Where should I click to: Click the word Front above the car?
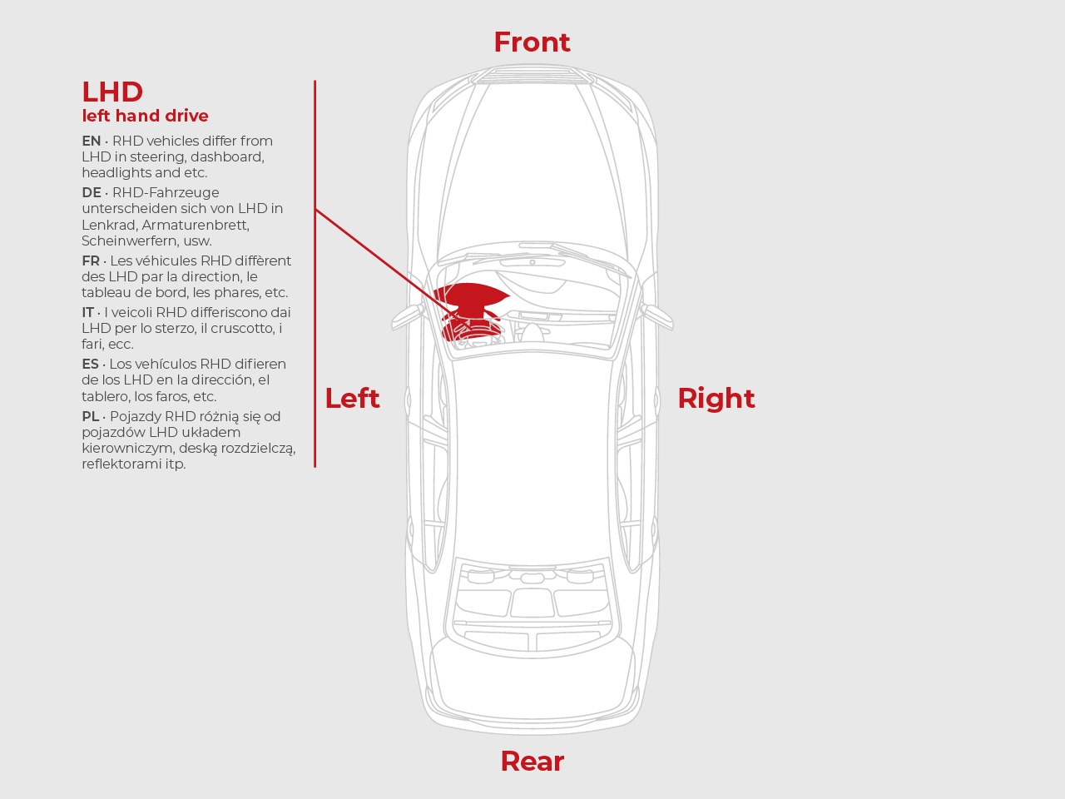(532, 42)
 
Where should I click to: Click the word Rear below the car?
(532, 762)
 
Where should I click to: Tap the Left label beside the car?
(352, 399)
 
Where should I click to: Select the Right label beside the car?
(716, 399)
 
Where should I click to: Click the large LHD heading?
(112, 92)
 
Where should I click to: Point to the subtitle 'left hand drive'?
(145, 116)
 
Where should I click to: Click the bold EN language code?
(92, 141)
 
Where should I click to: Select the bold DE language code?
(92, 192)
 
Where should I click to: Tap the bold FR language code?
(91, 261)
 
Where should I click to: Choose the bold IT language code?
(88, 312)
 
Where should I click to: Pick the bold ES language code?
(90, 365)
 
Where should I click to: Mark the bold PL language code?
(91, 417)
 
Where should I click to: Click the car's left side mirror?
(407, 317)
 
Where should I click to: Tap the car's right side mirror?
(657, 317)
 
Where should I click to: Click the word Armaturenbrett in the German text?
(196, 225)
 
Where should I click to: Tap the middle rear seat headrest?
(528, 578)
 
